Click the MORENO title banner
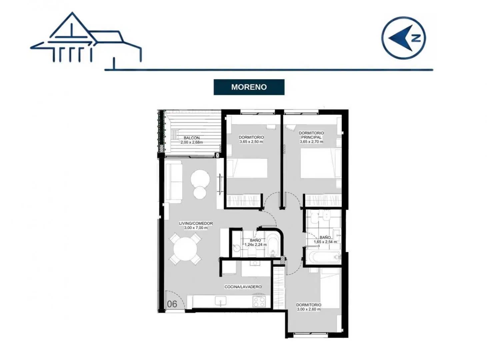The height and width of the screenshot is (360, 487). tap(249, 87)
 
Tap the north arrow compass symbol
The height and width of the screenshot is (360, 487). tap(404, 38)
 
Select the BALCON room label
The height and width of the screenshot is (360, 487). tap(191, 138)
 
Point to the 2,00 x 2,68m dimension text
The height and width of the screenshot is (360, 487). tap(191, 142)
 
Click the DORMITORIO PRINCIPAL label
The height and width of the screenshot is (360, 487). tap(311, 135)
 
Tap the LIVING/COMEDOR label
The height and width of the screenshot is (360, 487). tap(196, 223)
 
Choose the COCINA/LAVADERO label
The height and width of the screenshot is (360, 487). tap(243, 287)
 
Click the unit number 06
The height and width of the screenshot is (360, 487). tap(172, 304)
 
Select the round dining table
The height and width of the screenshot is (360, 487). tap(185, 249)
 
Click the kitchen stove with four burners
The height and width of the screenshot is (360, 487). tap(259, 301)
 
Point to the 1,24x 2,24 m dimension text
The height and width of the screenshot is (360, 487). tap(256, 244)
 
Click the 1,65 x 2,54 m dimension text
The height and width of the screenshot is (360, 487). tap(325, 242)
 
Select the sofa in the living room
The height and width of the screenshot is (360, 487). tap(174, 181)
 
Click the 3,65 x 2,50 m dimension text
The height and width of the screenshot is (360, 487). tap(251, 142)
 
